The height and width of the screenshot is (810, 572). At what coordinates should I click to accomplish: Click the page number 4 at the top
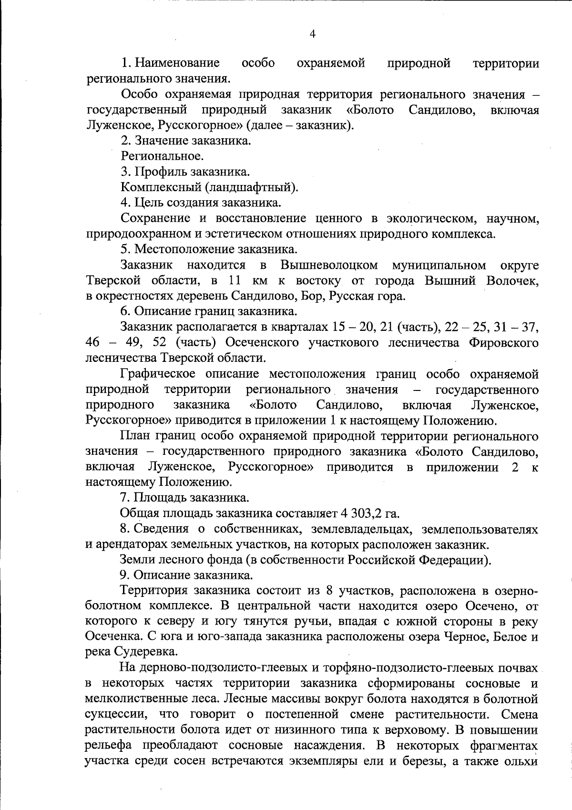point(313,33)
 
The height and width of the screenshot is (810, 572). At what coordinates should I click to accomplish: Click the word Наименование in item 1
point(177,63)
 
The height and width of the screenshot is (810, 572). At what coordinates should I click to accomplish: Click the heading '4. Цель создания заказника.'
point(201,203)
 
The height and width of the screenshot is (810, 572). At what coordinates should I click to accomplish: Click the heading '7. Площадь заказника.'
point(184,498)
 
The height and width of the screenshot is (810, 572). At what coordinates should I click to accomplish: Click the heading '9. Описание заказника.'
point(186,575)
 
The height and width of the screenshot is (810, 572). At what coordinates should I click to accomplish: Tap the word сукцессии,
point(118,715)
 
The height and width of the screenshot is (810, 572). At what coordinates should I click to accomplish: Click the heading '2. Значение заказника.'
point(186,141)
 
